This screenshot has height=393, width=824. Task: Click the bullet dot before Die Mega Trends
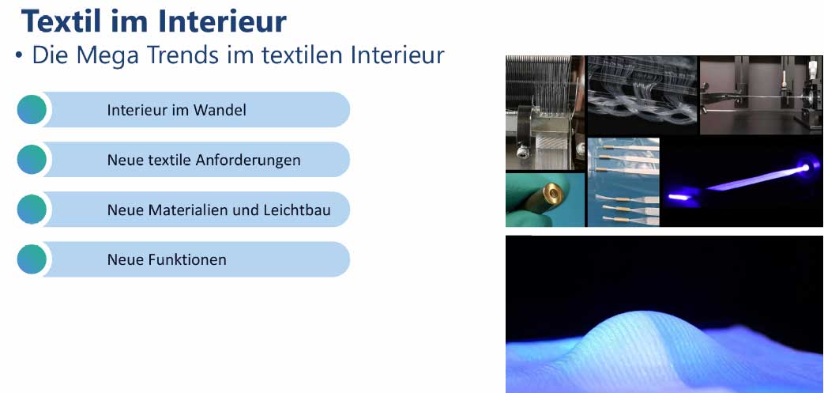coord(19,56)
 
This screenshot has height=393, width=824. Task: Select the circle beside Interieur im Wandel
coord(32,109)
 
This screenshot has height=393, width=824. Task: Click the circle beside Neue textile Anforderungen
coord(32,160)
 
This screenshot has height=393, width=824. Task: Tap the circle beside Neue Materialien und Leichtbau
coord(32,210)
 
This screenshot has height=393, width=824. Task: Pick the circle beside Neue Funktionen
coord(32,259)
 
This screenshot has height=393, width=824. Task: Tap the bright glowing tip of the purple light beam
coord(804,168)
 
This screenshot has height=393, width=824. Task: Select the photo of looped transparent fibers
coord(642,95)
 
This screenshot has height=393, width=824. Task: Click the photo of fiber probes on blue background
coord(623,182)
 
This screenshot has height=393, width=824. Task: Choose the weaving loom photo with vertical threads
coord(545,113)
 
